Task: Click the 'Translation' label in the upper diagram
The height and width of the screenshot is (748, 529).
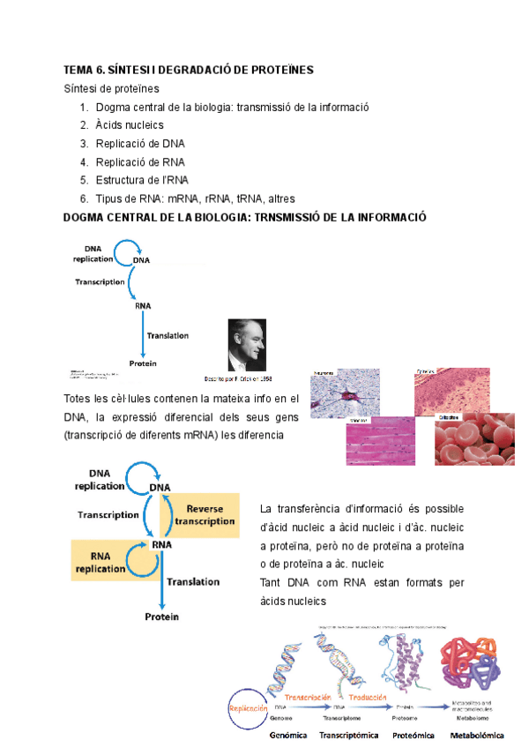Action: tap(168, 335)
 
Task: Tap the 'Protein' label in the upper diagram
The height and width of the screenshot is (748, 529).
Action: tap(142, 363)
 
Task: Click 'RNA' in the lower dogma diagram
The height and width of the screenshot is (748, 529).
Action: tap(161, 545)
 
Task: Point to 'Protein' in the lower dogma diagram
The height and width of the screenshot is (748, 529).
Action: tap(161, 617)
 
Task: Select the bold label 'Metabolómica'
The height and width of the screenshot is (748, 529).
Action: tap(477, 735)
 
